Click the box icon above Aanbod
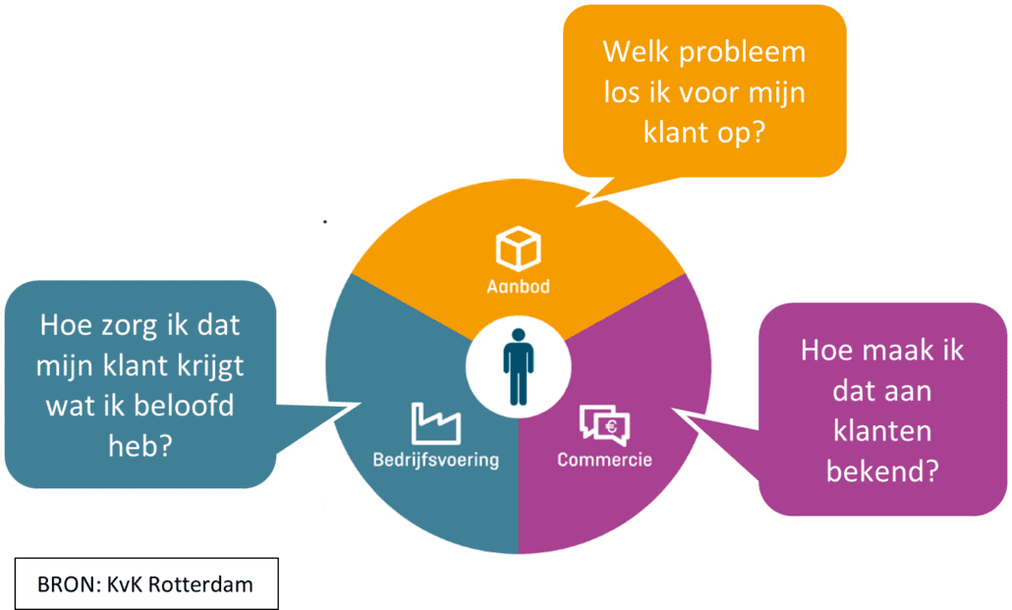(x=518, y=249)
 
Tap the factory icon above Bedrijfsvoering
(x=435, y=423)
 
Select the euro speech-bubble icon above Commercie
(x=604, y=423)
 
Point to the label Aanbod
(x=518, y=288)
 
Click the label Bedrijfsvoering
(x=435, y=460)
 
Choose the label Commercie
(x=604, y=460)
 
